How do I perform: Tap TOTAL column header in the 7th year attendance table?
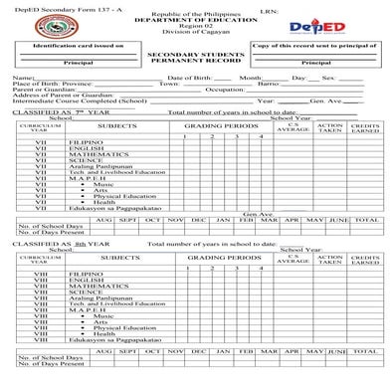366,219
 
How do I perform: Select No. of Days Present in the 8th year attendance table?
50,363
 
